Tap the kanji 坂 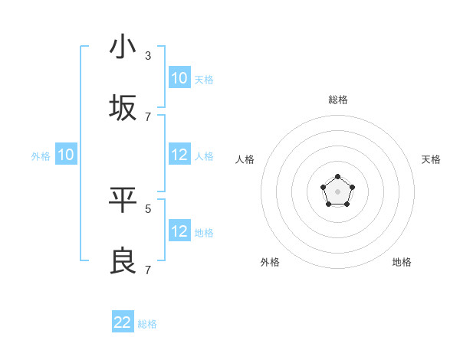pos(123,108)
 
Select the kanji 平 pos(123,200)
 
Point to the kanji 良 pos(123,261)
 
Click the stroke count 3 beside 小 pos(148,55)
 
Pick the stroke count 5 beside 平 pos(148,208)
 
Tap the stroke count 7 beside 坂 pos(148,116)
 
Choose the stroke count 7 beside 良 pos(148,270)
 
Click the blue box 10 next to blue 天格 pos(179,78)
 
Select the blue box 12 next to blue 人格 pos(179,155)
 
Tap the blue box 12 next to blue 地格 pos(179,231)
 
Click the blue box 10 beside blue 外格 pos(66,155)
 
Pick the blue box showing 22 pos(123,322)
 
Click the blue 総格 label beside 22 pos(147,324)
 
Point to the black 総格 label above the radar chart pos(337,100)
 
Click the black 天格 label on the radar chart pos(431,159)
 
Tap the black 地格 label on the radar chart pos(402,262)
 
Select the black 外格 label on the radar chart pos(270,262)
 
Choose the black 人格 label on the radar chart pos(245,159)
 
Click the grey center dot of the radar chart pos(337,191)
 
